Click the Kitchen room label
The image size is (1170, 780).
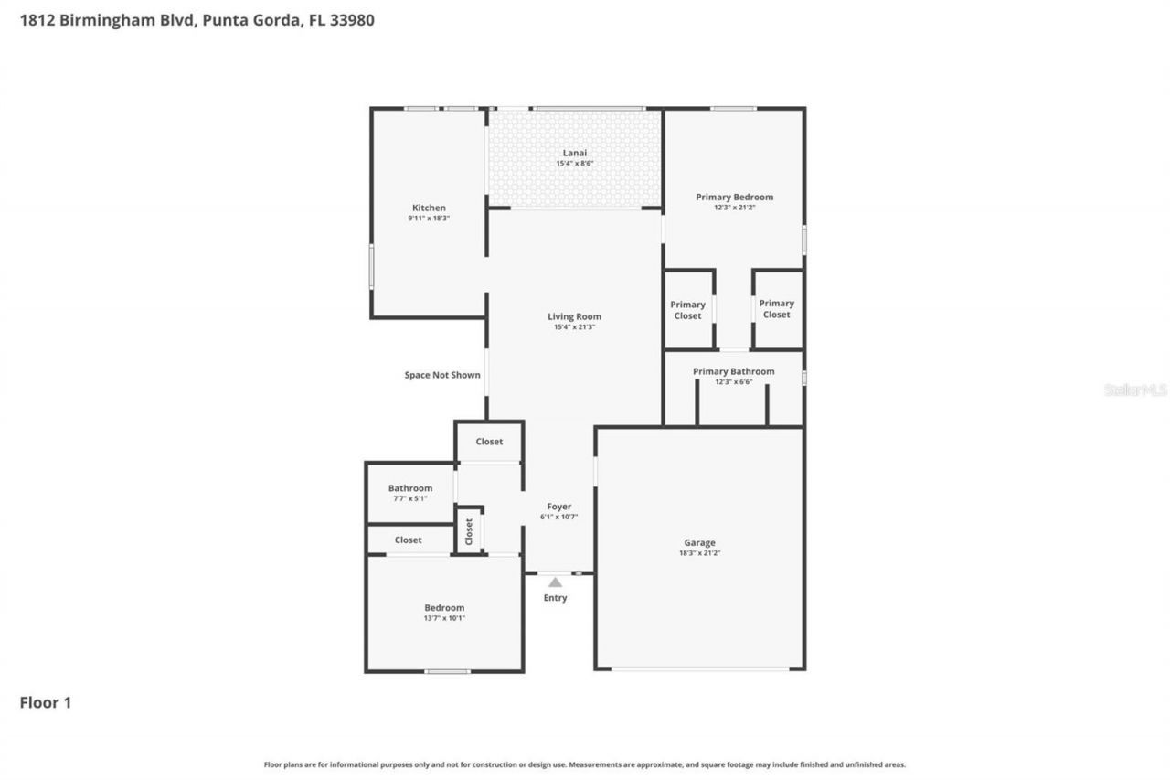pos(429,208)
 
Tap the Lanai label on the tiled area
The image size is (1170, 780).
pos(575,153)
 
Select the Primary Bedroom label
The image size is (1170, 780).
pos(734,197)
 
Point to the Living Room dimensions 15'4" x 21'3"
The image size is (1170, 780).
pos(575,327)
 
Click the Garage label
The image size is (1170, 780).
pos(700,542)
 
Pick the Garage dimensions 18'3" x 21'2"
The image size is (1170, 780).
pos(700,553)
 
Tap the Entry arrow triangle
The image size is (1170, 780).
pos(555,582)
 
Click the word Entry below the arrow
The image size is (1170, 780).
pos(555,598)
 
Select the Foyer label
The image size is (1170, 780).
pos(558,507)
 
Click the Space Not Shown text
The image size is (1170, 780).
pos(442,375)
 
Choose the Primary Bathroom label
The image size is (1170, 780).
pos(733,371)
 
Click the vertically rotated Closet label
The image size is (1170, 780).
pos(469,530)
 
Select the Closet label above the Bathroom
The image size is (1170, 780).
pos(489,442)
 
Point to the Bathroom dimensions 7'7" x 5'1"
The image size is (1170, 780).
pos(409,498)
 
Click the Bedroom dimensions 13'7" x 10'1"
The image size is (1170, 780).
pos(444,618)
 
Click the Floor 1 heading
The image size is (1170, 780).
pos(46,702)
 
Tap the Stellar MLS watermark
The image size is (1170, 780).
pos(1135,390)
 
